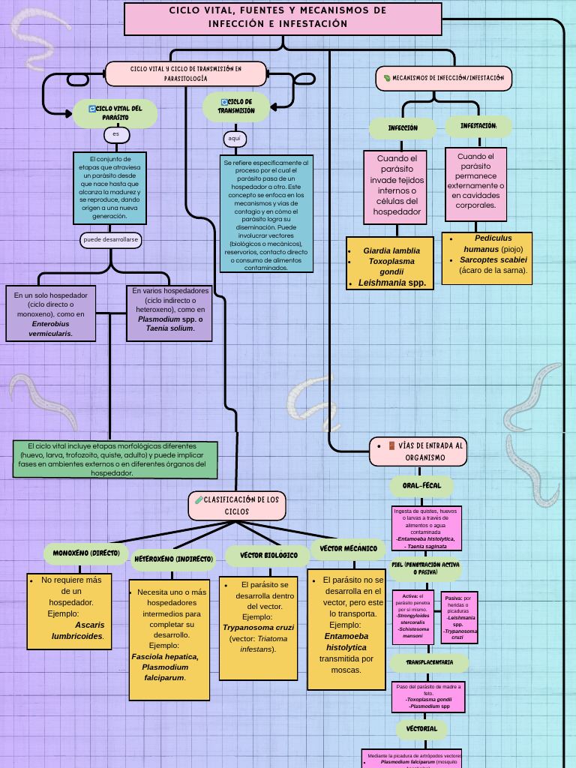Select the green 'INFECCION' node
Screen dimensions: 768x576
403,128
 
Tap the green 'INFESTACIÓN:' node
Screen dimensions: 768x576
478,126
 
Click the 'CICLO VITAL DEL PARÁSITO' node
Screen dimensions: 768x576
115,113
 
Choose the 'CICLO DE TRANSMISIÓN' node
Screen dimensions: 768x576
236,106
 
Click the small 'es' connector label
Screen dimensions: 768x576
116,135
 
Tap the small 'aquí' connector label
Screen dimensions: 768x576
235,139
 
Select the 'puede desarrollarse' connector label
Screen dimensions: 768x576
112,240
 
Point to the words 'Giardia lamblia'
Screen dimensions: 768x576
391,250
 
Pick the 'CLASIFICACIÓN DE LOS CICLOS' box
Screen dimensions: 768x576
236,505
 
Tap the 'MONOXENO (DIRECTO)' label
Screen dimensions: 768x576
86,553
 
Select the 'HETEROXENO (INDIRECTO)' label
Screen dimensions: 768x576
174,559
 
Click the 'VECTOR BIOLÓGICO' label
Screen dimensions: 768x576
268,556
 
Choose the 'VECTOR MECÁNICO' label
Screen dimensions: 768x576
348,549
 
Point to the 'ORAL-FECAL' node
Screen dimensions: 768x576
421,486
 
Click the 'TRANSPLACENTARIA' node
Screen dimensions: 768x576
429,663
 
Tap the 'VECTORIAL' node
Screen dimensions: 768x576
421,729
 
